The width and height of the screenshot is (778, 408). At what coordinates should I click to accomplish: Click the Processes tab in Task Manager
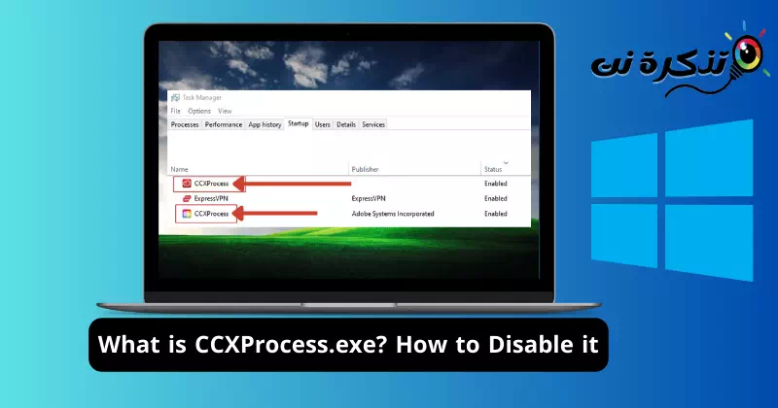185,124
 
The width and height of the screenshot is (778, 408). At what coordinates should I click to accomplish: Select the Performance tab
224,124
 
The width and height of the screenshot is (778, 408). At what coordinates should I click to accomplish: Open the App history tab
265,124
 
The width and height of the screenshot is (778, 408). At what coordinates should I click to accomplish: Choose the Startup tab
299,124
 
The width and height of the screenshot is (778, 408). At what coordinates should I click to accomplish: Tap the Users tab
323,124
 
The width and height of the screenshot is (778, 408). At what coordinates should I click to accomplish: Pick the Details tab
346,124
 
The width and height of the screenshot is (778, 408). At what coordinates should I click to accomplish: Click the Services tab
373,124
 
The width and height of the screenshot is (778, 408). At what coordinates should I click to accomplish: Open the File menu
176,111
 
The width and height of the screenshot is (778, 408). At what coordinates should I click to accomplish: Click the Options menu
198,111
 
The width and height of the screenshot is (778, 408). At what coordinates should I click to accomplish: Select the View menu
225,111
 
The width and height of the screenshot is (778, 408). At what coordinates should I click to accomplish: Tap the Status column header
494,169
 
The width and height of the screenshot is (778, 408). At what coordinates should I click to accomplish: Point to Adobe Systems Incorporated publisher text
393,213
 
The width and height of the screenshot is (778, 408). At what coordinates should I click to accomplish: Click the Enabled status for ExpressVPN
496,198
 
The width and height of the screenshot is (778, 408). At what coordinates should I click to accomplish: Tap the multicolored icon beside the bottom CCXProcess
186,213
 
